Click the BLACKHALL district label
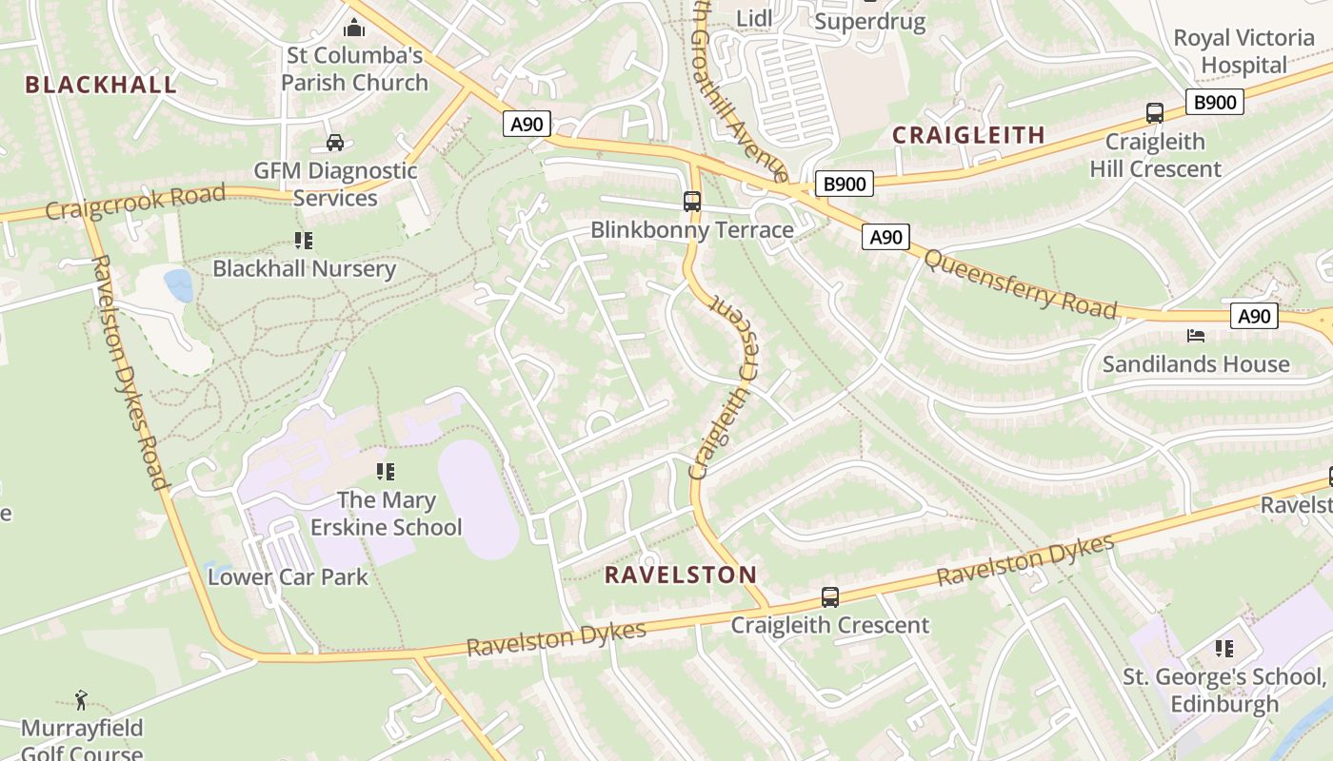coord(101,85)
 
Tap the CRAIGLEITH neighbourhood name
coord(968,135)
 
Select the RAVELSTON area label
coord(681,575)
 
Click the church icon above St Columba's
coord(354,28)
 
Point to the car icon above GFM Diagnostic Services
coord(335,143)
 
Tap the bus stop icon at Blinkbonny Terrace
coord(692,202)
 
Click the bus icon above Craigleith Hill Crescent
coord(1155,113)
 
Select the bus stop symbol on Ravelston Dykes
coord(830,597)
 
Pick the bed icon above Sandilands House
coord(1196,336)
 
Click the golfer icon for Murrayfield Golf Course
coord(81,701)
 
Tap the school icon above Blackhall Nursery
coord(304,241)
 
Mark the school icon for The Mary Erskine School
coord(386,472)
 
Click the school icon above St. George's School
coord(1224,649)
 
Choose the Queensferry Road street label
coord(1020,283)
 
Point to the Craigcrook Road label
coord(135,202)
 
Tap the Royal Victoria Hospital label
coord(1243,51)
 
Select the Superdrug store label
coord(870,22)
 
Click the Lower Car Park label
coord(288,576)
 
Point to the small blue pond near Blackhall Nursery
coord(178,284)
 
